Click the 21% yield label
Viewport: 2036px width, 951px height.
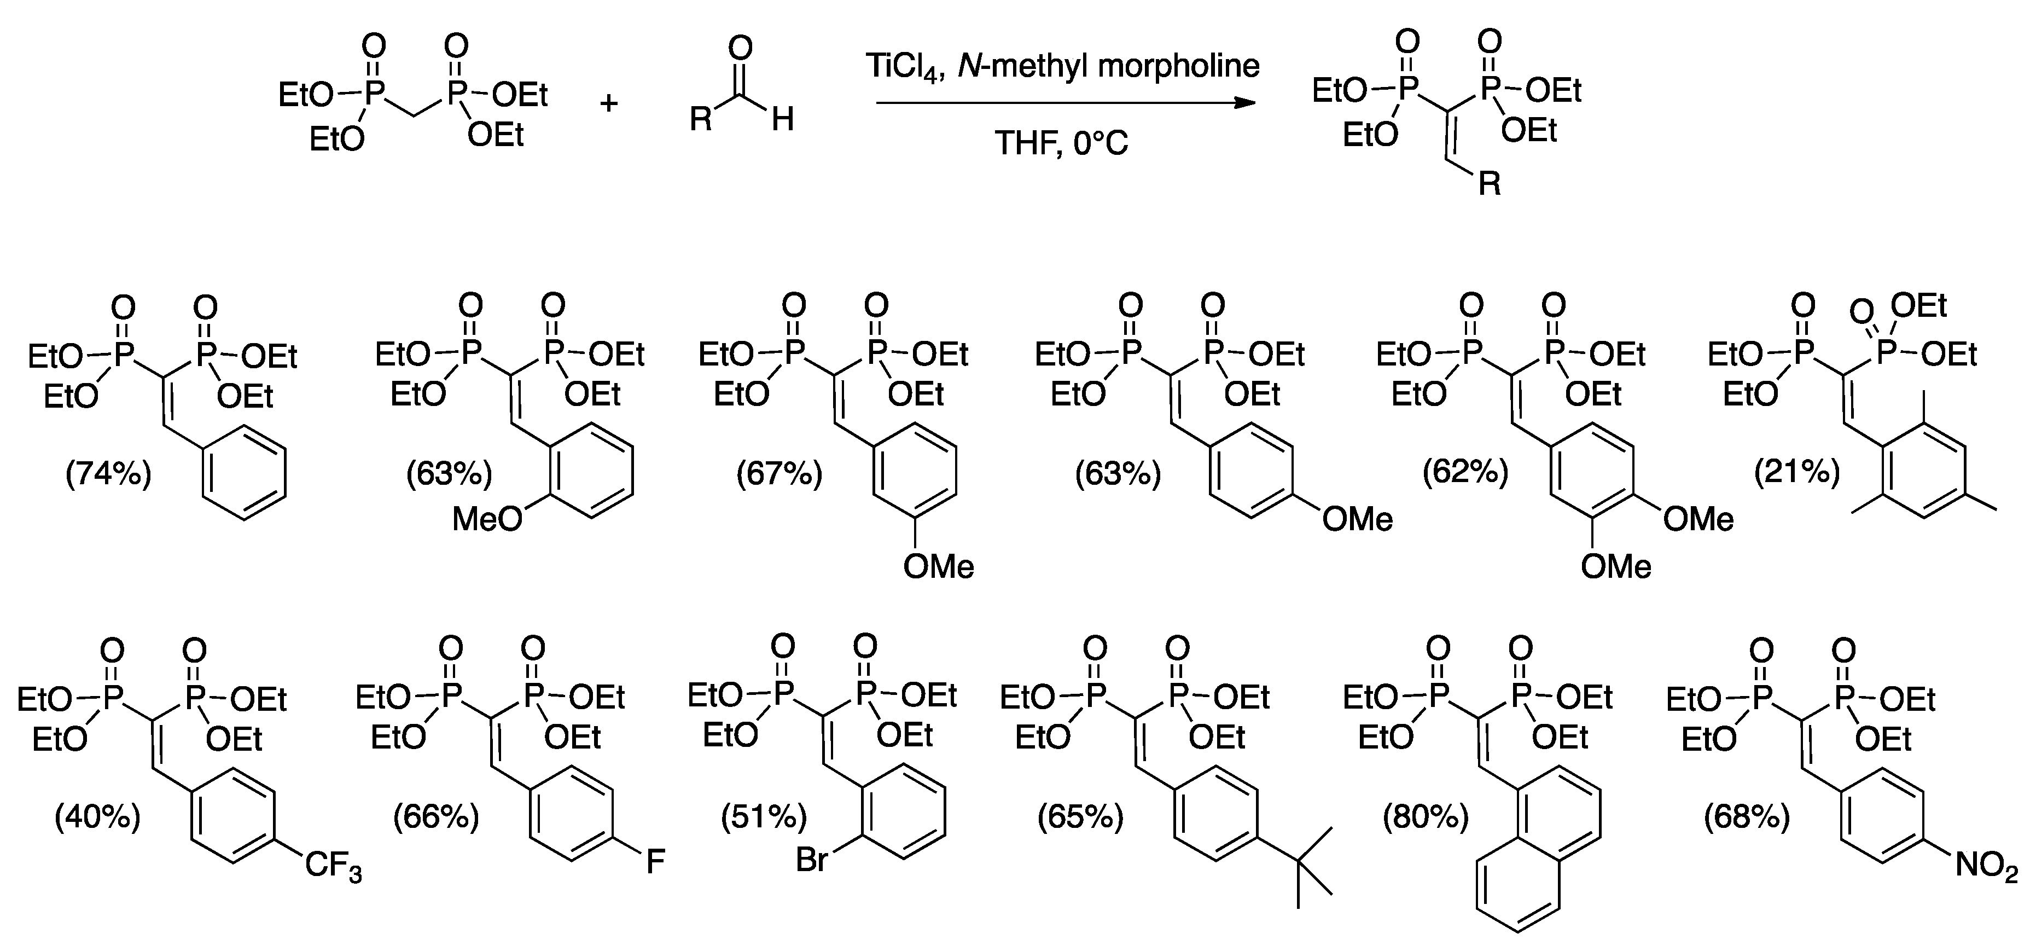[1796, 472]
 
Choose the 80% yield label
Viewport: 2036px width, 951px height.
[1425, 816]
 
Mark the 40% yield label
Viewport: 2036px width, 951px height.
[97, 816]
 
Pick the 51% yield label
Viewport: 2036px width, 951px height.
[764, 816]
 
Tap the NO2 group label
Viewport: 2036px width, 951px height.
[1986, 866]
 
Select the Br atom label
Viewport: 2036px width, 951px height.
[812, 859]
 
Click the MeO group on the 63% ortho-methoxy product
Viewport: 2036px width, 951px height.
[487, 519]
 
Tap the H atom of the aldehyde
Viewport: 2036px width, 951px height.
[782, 121]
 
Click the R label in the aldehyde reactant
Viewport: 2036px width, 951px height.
[701, 121]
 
